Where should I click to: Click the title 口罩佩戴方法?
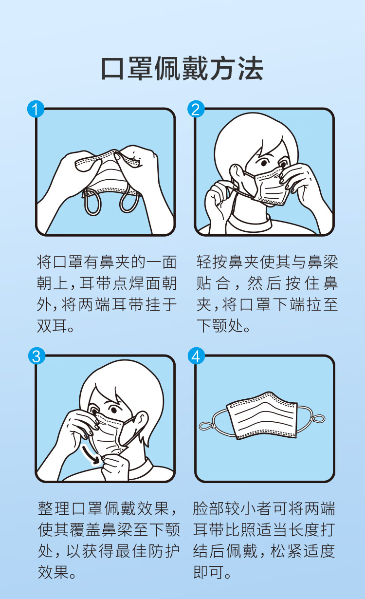pos(182,69)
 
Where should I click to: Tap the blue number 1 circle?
pos(36,109)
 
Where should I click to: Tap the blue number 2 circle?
pos(196,109)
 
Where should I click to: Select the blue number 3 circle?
pos(36,356)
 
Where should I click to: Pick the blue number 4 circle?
pos(196,356)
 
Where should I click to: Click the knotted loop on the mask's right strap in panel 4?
pos(317,418)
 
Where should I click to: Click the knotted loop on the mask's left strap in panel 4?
pos(206,426)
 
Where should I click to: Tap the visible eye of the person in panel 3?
pos(113,410)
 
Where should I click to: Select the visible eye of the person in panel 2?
pos(264,163)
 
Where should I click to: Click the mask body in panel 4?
pos(262,416)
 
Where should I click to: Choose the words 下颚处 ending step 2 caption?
pos(219,326)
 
